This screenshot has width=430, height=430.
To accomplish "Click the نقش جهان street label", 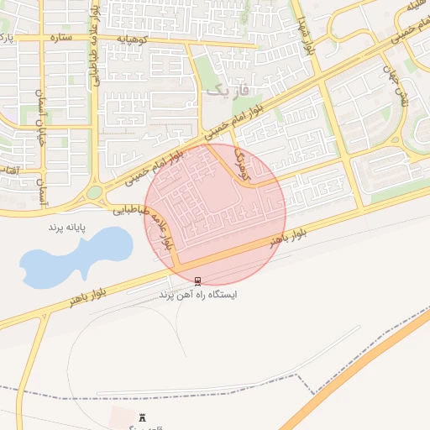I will [396, 86].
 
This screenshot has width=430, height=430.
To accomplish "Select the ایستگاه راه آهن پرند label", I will [198, 295].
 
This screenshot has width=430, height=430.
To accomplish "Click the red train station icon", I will [197, 281].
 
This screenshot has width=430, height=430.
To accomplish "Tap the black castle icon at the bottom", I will [141, 417].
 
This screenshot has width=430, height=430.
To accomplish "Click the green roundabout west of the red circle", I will [93, 192].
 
